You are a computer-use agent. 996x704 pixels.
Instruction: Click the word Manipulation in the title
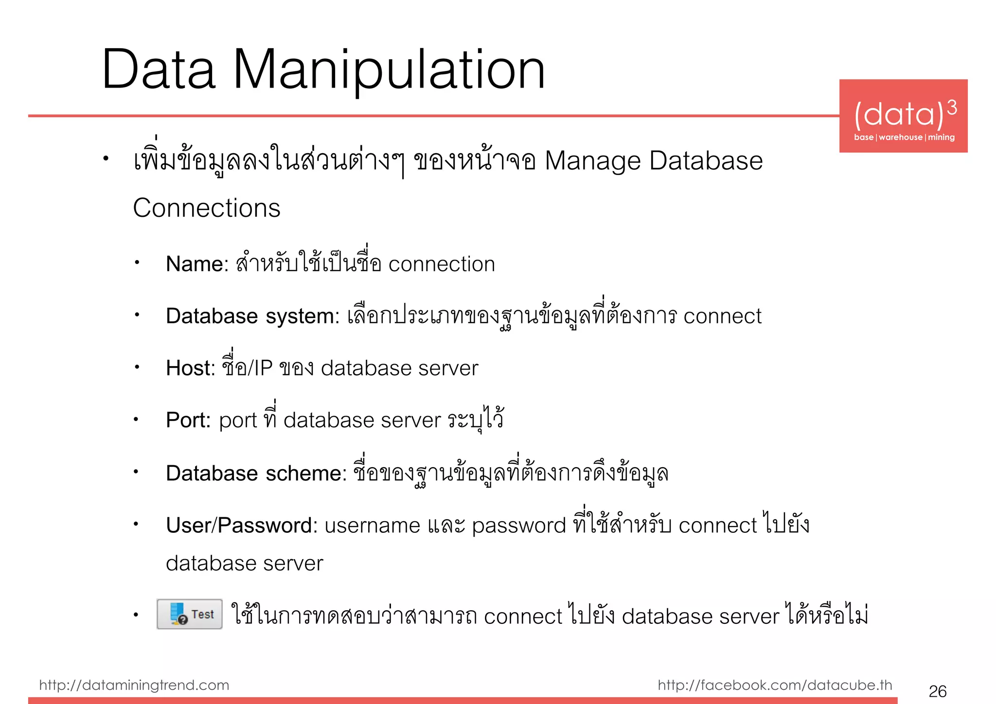pos(389,70)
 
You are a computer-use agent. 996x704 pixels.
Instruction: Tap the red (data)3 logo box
pos(903,116)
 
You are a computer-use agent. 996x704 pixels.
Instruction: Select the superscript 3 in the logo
pos(952,107)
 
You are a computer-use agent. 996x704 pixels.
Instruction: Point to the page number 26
pos(937,691)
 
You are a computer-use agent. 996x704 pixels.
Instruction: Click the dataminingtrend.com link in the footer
pos(134,685)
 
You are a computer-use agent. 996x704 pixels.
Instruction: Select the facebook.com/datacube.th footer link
pos(775,685)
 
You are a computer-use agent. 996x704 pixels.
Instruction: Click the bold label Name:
pos(197,264)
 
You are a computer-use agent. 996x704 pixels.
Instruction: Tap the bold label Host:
pos(190,368)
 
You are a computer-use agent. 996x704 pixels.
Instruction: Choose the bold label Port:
pos(188,420)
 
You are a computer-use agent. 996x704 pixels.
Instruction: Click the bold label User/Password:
pos(242,525)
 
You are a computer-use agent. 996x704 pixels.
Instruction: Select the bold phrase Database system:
pos(252,316)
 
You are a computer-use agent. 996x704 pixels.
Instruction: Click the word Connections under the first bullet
pos(207,208)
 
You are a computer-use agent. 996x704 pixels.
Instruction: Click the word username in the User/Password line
pos(372,526)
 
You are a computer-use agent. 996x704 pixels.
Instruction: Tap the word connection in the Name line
pos(442,264)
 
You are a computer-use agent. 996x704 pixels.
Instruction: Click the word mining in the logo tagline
pos(941,137)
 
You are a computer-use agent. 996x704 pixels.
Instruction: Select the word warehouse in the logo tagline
pos(901,137)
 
